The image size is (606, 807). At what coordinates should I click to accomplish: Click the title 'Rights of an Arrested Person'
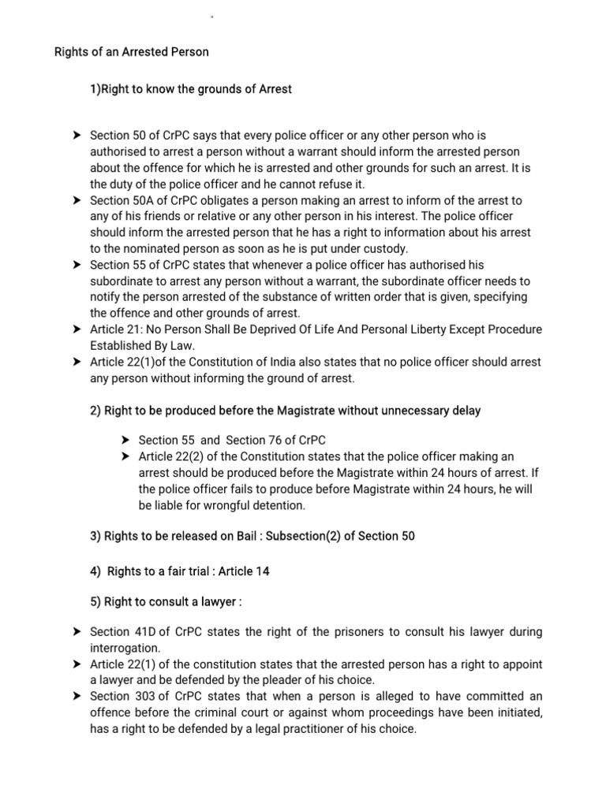pyautogui.click(x=131, y=53)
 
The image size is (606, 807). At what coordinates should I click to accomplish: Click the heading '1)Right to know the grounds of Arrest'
pyautogui.click(x=191, y=89)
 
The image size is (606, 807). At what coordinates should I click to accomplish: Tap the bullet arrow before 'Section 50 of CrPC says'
pyautogui.click(x=77, y=136)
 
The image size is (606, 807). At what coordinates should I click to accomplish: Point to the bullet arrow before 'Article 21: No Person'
pyautogui.click(x=77, y=329)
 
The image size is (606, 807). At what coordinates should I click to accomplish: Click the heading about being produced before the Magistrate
pyautogui.click(x=286, y=410)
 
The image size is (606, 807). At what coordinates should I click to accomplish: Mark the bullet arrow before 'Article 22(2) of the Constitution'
pyautogui.click(x=125, y=457)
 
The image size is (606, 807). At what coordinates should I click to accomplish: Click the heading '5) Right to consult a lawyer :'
pyautogui.click(x=166, y=602)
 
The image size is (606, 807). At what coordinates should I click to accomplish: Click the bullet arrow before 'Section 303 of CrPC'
pyautogui.click(x=77, y=697)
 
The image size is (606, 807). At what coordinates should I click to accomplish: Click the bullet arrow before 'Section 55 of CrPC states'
pyautogui.click(x=77, y=265)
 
